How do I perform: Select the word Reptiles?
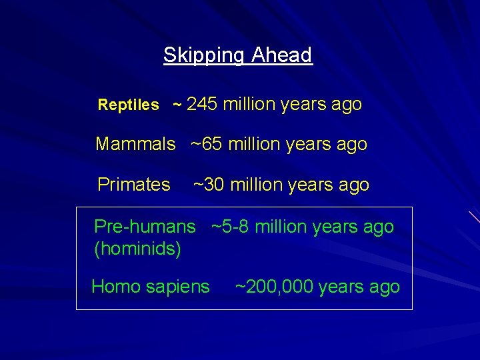(x=129, y=105)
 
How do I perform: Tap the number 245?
(x=203, y=105)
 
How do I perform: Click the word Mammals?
(x=135, y=145)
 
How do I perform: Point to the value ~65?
(x=207, y=145)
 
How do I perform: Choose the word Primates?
(x=134, y=185)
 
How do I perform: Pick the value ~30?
(x=209, y=185)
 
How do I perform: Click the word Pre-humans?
(x=145, y=227)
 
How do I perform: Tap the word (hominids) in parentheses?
(x=138, y=249)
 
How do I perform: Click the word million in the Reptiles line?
(x=249, y=105)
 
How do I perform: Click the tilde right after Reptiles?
(x=177, y=105)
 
